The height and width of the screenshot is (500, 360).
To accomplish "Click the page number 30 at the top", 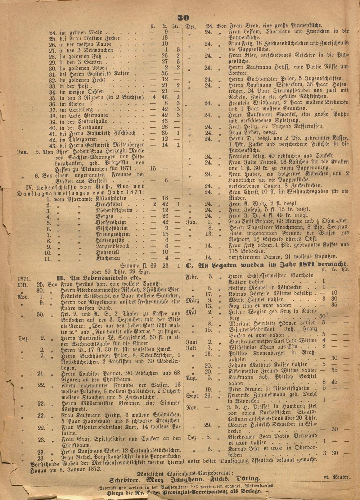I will [183, 18].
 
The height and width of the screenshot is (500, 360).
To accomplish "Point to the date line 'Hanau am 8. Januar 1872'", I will [67, 469].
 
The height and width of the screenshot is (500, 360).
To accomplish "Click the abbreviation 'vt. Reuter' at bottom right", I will [336, 477].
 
